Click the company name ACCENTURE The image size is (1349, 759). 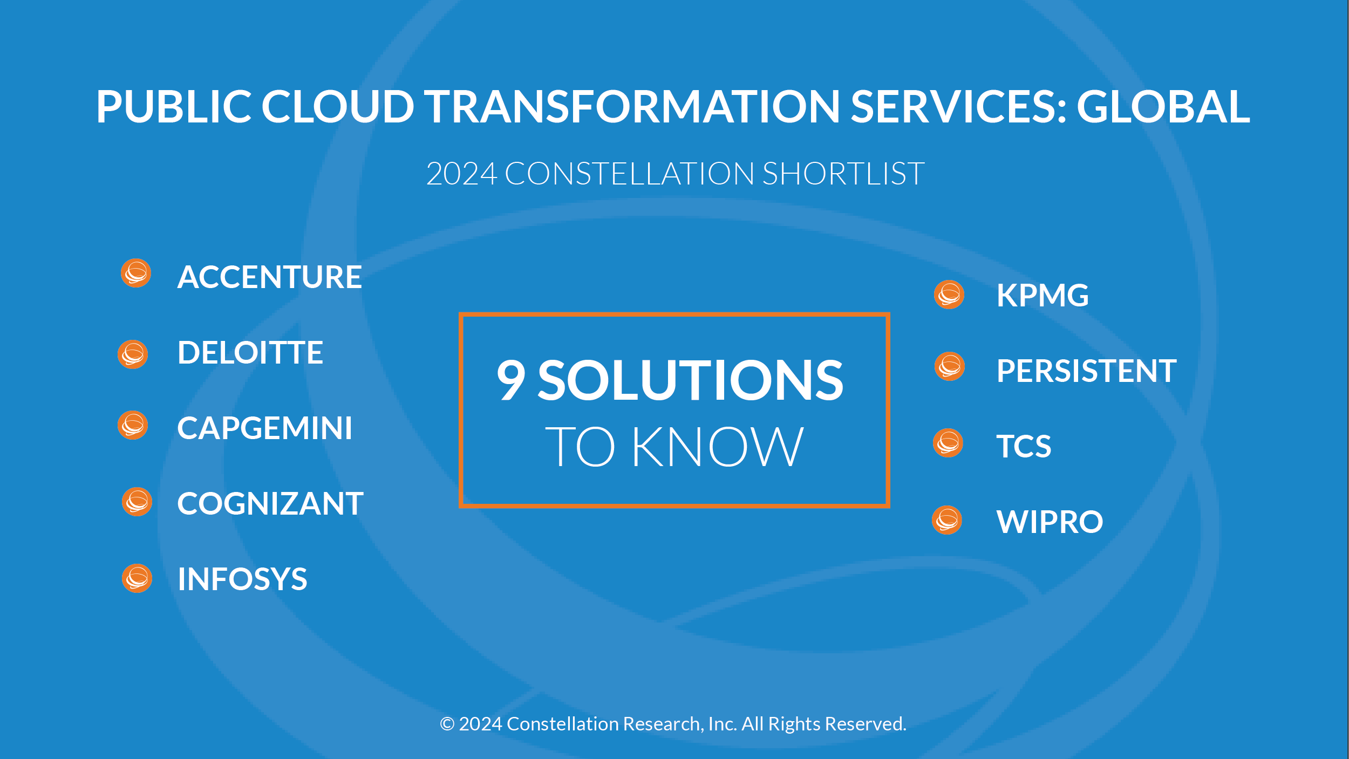[269, 277]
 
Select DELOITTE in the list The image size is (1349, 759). [250, 353]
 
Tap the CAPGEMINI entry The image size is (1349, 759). [265, 428]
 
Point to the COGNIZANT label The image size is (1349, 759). [270, 504]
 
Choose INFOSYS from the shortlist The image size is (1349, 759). [242, 579]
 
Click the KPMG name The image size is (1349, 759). [1043, 296]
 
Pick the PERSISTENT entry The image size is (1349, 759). [1087, 371]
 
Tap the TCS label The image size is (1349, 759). [1024, 447]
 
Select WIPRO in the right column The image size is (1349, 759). [1050, 522]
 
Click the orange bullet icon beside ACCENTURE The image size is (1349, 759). [135, 273]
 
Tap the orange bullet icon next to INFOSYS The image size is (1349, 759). [137, 578]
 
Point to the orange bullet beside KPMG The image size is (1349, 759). [949, 295]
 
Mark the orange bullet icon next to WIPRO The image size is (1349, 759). [947, 520]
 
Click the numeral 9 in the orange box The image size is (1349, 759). [510, 380]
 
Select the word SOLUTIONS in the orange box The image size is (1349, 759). [690, 380]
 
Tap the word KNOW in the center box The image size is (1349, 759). [718, 447]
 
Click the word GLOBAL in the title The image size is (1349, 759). [1163, 106]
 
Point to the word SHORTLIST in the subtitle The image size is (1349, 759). [843, 174]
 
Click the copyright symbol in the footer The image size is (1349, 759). [447, 724]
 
